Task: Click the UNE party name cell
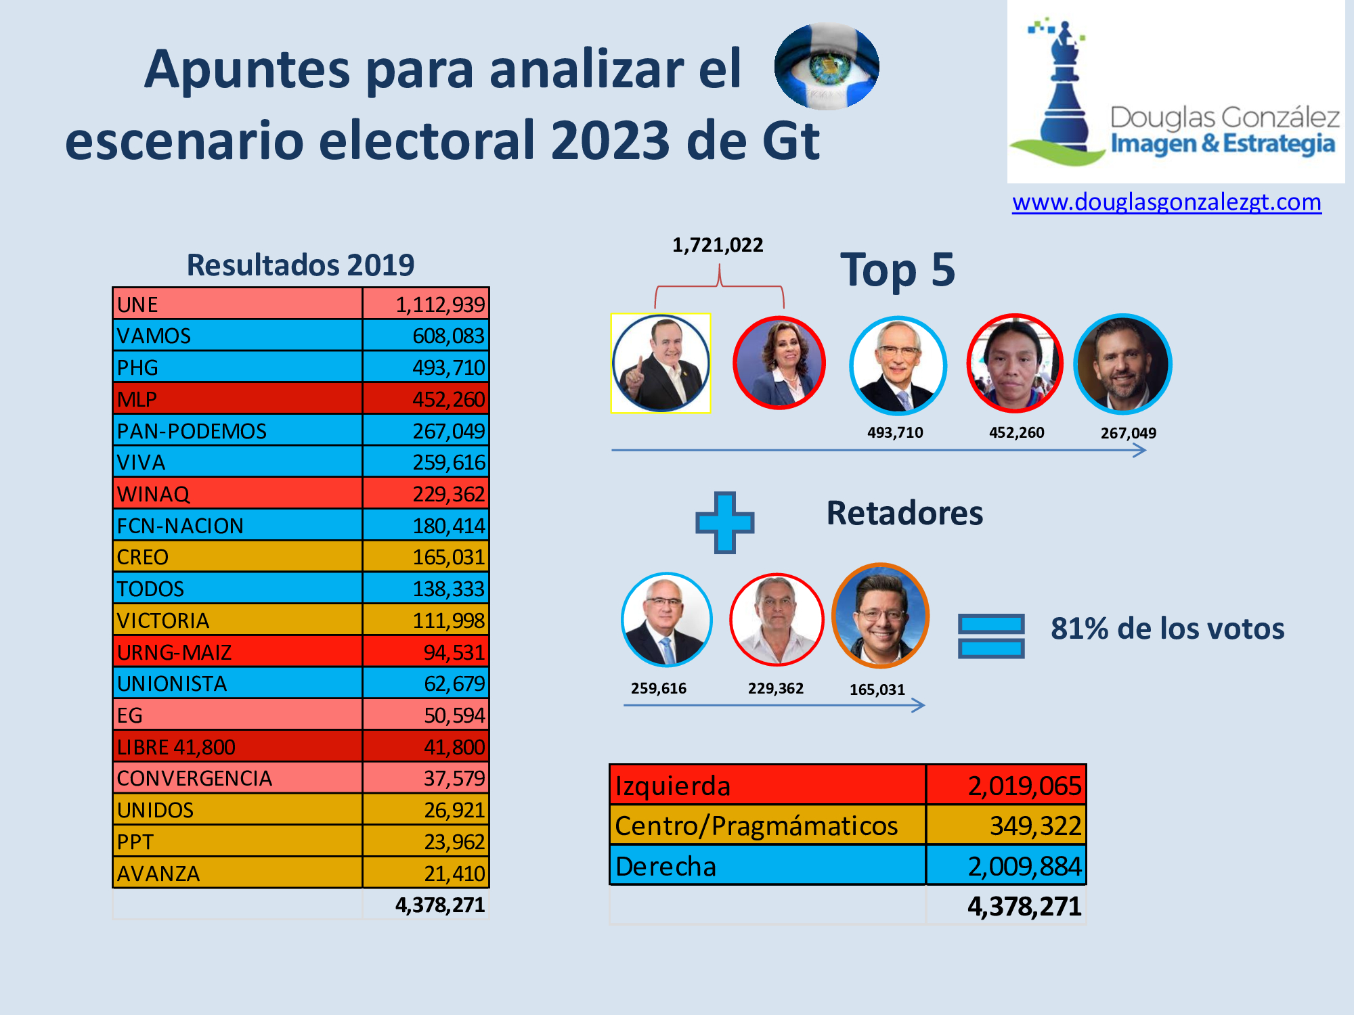pos(237,304)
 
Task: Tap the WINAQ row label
pos(237,494)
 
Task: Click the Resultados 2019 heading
pos(300,265)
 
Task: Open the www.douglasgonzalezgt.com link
pos(1166,202)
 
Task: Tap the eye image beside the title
pos(827,66)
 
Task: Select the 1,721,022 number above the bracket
pos(718,245)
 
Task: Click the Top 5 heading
pos(898,270)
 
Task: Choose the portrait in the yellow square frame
pos(661,363)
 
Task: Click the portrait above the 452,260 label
pos(1014,363)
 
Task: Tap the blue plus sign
pos(724,522)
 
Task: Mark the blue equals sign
pos(991,636)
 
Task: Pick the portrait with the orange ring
pos(880,616)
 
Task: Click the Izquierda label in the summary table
pos(673,786)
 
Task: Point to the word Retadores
pos(904,513)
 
